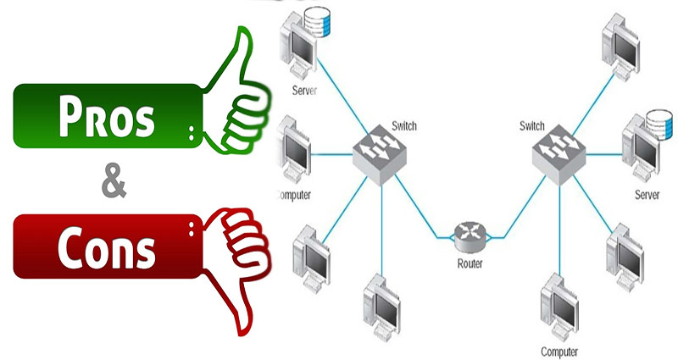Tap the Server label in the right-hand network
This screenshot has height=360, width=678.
coord(646,196)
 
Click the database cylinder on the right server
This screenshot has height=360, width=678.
coord(654,121)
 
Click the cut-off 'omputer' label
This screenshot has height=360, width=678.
coord(294,195)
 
